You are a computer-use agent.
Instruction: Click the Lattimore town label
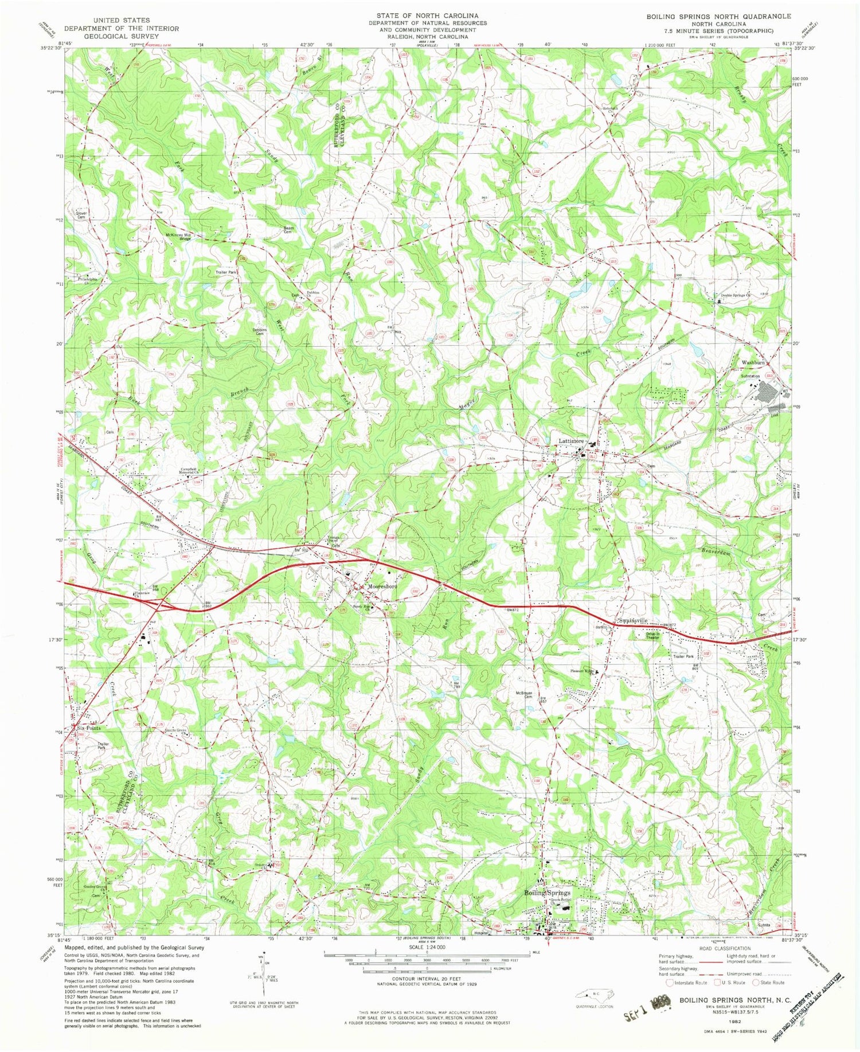click(x=572, y=441)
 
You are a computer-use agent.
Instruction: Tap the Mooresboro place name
click(x=382, y=587)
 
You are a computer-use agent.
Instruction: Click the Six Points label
click(x=89, y=728)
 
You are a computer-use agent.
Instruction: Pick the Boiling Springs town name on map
click(x=548, y=893)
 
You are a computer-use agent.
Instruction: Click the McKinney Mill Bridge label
click(x=178, y=236)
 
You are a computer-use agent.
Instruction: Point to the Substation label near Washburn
click(x=750, y=376)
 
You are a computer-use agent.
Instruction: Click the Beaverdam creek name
click(x=717, y=551)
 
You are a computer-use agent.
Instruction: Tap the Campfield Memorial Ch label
click(x=192, y=470)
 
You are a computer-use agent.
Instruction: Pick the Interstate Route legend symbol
click(x=669, y=982)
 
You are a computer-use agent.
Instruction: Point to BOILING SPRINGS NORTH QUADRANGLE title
click(x=718, y=17)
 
